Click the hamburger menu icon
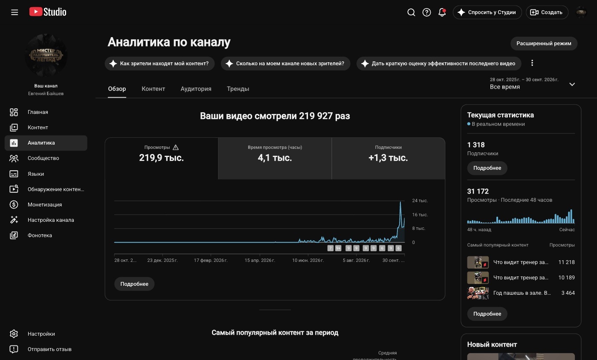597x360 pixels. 14,12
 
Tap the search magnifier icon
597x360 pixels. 411,12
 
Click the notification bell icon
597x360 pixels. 442,12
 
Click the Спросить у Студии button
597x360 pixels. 487,12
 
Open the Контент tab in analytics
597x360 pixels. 153,89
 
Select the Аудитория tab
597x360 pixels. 196,89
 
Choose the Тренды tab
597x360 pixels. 238,89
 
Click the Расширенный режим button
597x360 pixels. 544,44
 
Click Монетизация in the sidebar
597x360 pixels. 44,205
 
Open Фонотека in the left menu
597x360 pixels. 40,235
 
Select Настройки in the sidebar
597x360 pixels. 41,334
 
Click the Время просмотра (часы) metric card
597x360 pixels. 275,158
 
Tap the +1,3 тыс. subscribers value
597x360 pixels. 388,158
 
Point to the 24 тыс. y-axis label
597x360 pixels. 420,200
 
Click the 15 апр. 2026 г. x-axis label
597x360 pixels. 260,260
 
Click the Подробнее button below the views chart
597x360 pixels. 134,284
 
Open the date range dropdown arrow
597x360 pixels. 572,84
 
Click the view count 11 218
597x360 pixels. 566,262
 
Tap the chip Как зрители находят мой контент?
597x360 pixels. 159,64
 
